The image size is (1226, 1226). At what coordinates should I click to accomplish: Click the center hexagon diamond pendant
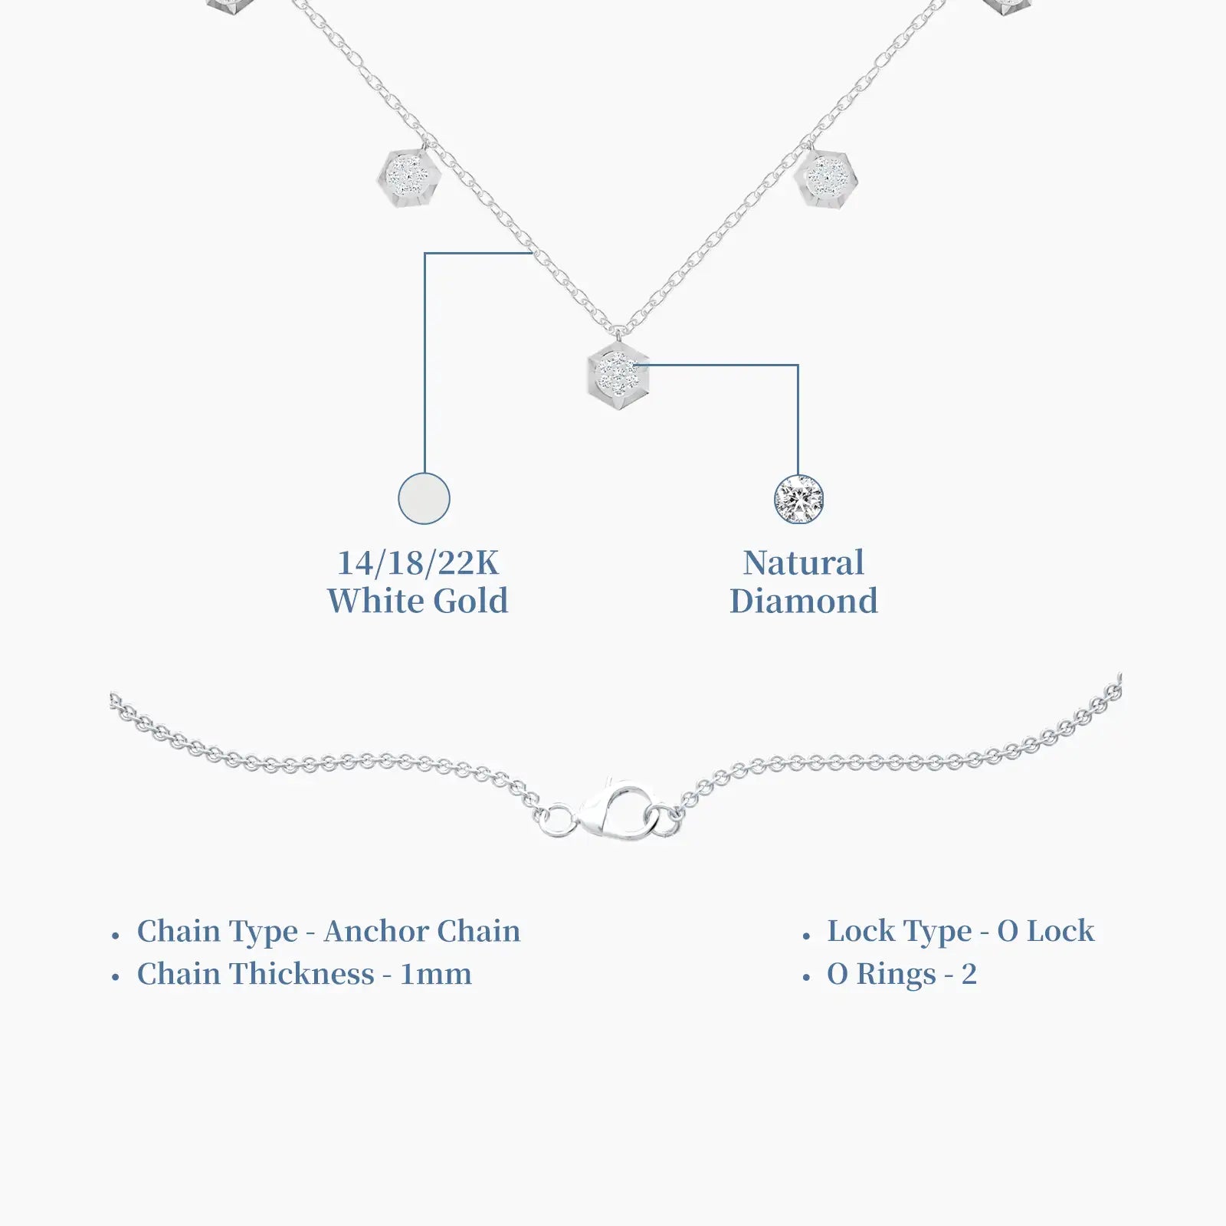point(618,376)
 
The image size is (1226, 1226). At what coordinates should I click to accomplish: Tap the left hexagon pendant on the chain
point(409,175)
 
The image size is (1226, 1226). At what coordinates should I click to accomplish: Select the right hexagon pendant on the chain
point(826,177)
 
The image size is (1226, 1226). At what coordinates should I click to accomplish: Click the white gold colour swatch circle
point(424,499)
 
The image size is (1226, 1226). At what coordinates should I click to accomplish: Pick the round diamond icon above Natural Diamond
point(798,500)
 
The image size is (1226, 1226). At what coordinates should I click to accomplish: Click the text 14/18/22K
point(418,563)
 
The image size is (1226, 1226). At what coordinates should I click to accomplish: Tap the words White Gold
point(418,601)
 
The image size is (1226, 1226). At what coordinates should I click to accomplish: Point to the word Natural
point(804,563)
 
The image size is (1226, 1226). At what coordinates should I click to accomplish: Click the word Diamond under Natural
point(804,601)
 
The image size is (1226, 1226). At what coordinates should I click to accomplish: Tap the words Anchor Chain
point(422,931)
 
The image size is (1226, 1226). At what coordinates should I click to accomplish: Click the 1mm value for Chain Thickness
point(436,975)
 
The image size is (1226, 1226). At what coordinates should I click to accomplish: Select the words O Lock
point(1046,931)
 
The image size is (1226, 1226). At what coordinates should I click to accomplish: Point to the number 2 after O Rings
point(969,975)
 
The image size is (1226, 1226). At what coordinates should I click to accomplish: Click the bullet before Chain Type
point(116,936)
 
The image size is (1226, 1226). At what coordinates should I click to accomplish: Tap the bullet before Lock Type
point(806,936)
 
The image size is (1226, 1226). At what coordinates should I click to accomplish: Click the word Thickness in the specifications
point(303,975)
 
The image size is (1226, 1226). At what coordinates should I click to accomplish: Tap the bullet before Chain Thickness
point(116,979)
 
